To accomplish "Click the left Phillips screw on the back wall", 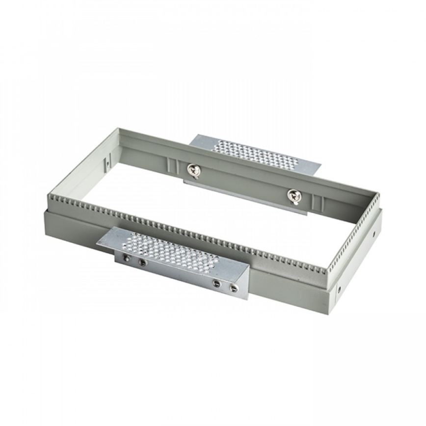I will click(193, 170).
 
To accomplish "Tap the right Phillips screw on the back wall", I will click(293, 195).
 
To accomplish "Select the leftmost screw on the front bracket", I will click(127, 258).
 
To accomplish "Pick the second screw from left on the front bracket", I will click(142, 263).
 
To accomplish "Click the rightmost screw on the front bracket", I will click(234, 288).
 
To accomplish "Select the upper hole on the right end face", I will click(374, 232).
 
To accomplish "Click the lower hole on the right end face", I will click(339, 289).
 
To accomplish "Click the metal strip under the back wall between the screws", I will click(245, 196).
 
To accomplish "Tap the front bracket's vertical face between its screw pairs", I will click(179, 273).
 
